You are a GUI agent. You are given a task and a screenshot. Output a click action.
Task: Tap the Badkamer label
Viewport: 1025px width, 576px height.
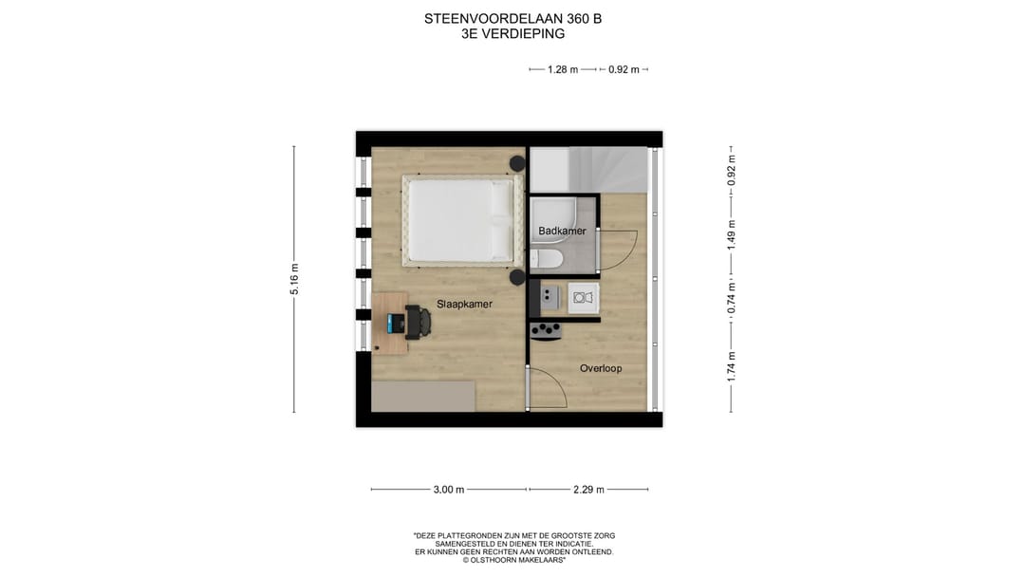[562, 231]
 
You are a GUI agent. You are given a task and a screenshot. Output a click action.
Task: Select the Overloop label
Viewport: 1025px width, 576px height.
[601, 368]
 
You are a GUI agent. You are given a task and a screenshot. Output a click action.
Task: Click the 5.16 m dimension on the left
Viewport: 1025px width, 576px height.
[294, 279]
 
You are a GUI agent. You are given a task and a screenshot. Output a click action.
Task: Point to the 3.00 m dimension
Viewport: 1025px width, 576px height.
[448, 490]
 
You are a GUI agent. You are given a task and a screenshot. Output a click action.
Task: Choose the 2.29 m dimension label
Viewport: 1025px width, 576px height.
[588, 490]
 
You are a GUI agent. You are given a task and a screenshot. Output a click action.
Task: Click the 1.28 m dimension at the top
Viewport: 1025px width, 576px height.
[563, 69]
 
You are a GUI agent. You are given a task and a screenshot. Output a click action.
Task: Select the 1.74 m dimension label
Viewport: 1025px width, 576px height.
[731, 366]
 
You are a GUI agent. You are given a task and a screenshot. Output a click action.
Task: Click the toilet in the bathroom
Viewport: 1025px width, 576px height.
[548, 259]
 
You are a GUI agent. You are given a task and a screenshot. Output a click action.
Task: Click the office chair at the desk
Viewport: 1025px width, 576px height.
[419, 322]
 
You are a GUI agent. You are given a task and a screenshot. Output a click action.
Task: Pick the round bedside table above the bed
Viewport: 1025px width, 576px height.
[517, 163]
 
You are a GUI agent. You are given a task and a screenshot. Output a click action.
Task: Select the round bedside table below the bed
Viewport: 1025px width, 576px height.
[517, 277]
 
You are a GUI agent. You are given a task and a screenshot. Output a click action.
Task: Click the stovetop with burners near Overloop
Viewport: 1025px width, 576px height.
[546, 330]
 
